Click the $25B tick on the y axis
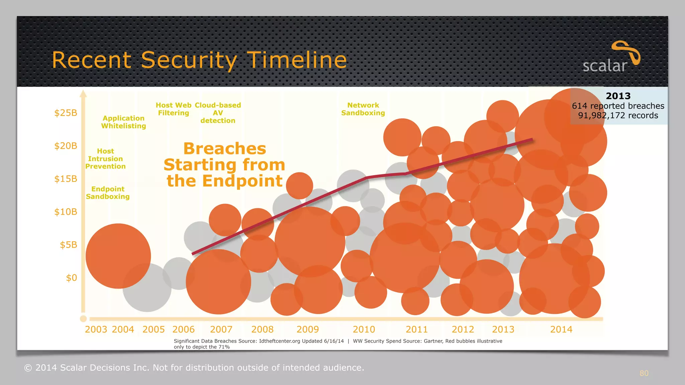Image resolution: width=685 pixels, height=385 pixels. pos(66,113)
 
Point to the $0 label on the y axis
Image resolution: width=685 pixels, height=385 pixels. pos(71,278)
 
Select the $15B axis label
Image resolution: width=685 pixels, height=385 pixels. pos(66,179)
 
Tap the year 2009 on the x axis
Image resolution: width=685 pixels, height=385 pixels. pos(307,330)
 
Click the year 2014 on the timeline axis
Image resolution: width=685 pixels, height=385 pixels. pos(561,330)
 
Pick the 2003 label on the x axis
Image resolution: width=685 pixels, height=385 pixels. pos(96,330)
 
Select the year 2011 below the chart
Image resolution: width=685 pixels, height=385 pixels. pos(416,330)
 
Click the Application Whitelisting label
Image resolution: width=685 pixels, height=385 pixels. pos(123,122)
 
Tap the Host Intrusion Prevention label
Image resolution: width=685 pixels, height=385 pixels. pos(105,159)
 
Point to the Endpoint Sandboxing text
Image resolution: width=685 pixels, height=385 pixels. pos(108,193)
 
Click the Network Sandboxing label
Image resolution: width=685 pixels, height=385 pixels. pos(363,109)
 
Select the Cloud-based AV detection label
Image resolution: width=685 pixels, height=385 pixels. pos(218,113)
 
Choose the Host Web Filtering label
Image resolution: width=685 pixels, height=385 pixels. pos(173,109)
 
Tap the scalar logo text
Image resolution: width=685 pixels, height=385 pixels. pos(604,66)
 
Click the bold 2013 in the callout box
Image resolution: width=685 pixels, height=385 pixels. pos(618,96)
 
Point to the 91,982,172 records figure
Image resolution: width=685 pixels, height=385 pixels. pos(618,116)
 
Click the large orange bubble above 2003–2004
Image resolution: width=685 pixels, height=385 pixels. pos(118,256)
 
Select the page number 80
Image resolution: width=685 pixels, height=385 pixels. pos(644,373)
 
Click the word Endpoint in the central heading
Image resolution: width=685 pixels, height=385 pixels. pos(242,181)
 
